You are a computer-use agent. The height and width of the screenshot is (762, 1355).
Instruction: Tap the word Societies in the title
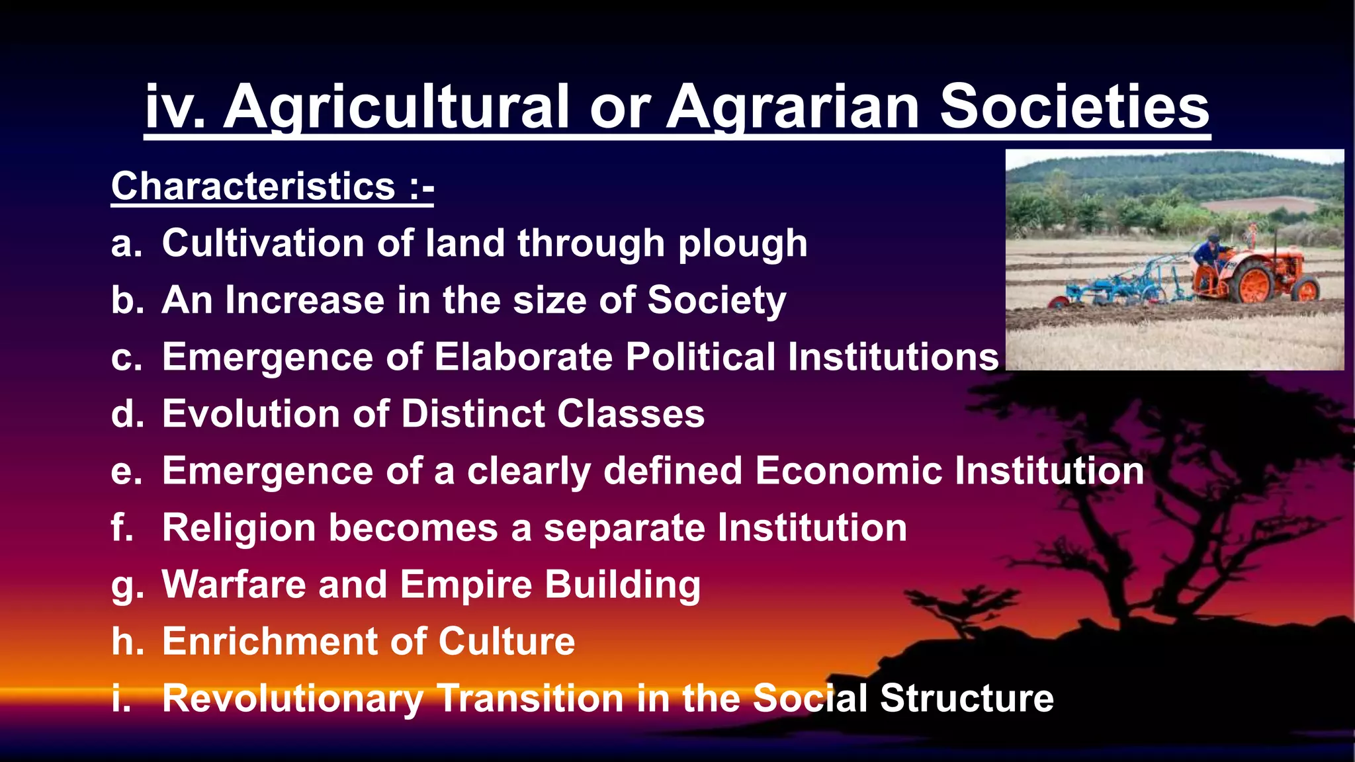pyautogui.click(x=1074, y=107)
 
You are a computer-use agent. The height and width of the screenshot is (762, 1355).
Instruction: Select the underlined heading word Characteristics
pyautogui.click(x=253, y=187)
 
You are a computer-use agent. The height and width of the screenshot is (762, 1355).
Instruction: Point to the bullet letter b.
pyautogui.click(x=127, y=300)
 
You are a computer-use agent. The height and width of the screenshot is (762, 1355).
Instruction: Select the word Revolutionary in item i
pyautogui.click(x=292, y=698)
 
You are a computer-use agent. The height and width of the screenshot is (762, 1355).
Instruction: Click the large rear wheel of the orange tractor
pyautogui.click(x=1253, y=282)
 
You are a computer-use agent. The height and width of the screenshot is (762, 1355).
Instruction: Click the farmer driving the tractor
pyautogui.click(x=1209, y=255)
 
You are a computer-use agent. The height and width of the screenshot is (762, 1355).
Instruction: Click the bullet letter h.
pyautogui.click(x=127, y=642)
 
